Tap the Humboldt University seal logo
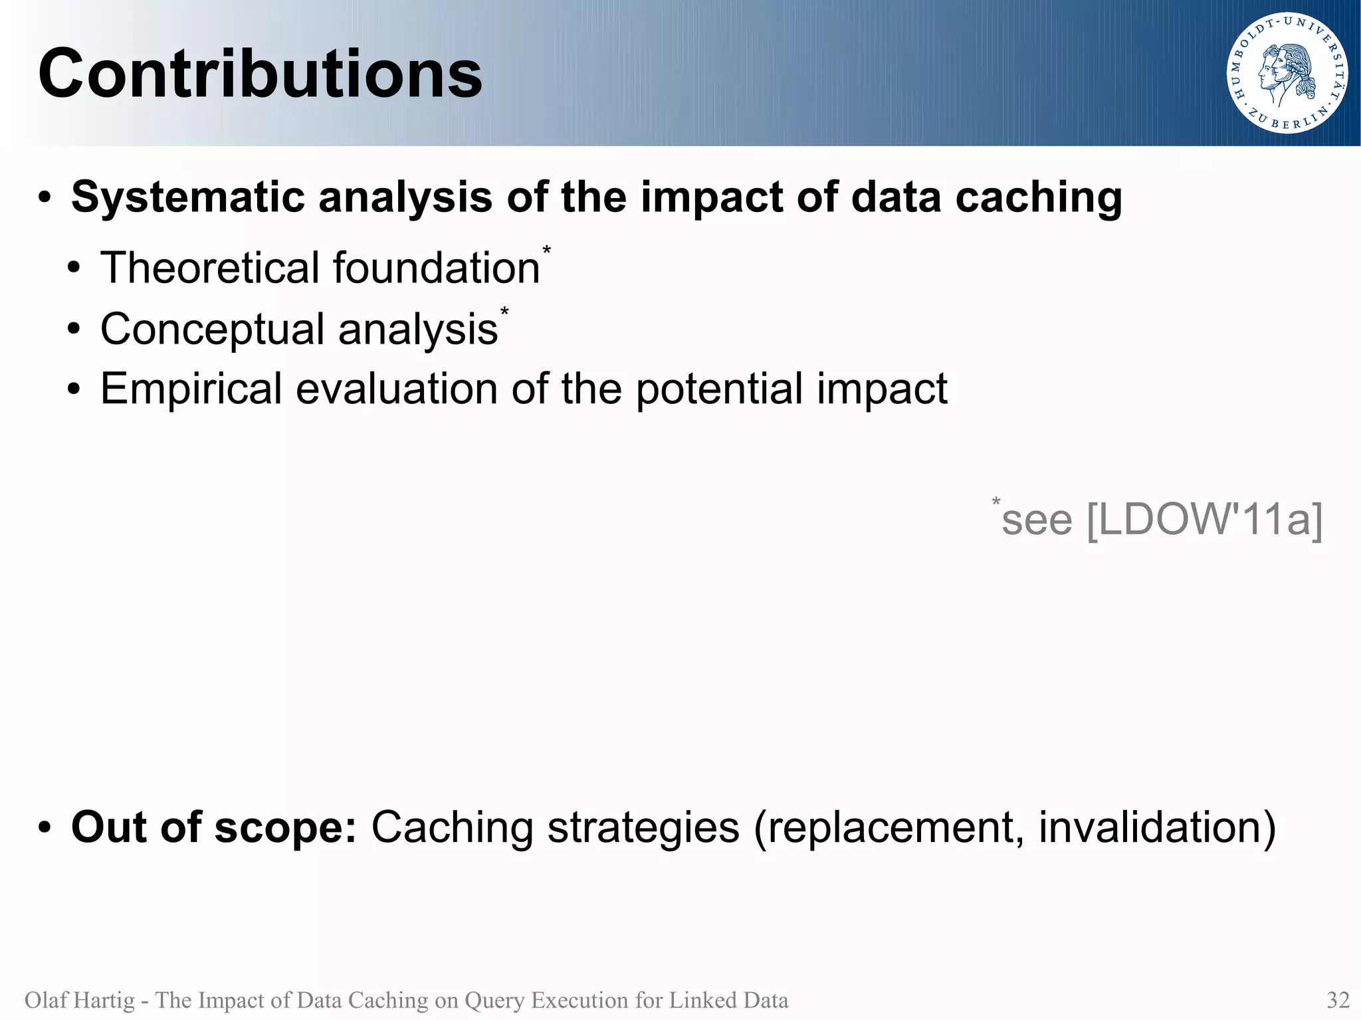point(1287,73)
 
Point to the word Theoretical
point(210,268)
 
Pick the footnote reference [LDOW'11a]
point(1204,520)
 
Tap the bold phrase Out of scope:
point(214,828)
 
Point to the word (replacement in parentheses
point(889,828)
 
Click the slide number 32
point(1338,999)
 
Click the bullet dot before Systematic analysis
point(45,198)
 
